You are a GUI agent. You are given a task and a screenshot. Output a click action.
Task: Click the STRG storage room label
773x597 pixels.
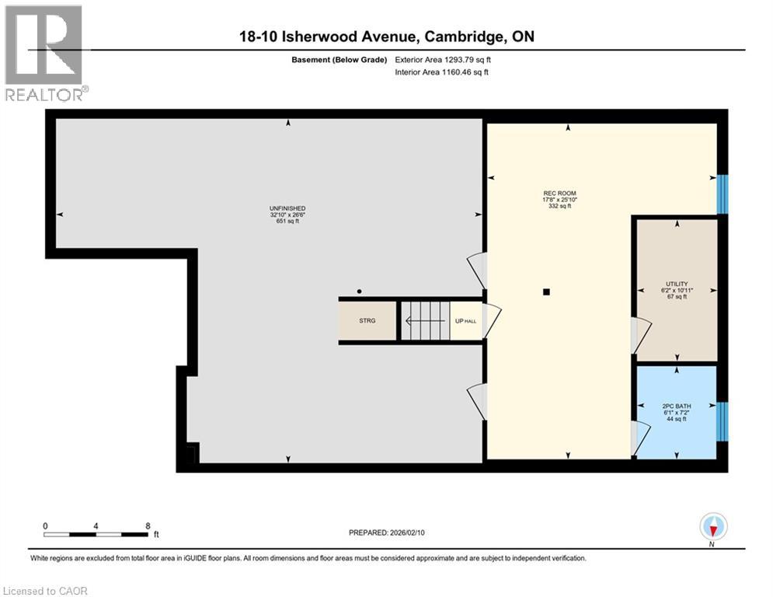[x=367, y=320]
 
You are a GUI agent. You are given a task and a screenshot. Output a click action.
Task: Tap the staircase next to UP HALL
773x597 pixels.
[x=424, y=320]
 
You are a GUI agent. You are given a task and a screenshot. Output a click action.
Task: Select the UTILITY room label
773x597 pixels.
[x=676, y=284]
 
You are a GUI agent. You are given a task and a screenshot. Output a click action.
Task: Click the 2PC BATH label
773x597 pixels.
[x=677, y=406]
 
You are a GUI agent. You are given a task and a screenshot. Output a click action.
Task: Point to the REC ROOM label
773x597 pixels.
[x=559, y=194]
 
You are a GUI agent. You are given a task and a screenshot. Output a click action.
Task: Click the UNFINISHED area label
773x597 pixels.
[x=287, y=208]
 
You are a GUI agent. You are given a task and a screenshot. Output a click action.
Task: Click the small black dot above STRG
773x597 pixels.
[x=359, y=292]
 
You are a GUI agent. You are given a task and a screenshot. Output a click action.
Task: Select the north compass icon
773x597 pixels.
[x=712, y=528]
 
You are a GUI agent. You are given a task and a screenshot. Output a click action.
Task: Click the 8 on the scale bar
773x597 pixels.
[x=148, y=525]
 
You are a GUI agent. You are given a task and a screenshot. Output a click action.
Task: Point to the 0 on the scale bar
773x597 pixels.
[x=46, y=525]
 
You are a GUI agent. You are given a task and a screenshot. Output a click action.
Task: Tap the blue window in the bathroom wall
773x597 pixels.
[x=723, y=421]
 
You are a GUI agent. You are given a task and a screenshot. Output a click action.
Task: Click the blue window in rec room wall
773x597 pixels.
[x=723, y=193]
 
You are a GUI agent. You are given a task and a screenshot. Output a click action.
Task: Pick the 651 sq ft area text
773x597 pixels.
[x=287, y=222]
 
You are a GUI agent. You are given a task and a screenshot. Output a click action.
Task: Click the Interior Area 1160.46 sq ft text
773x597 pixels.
[x=441, y=72]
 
